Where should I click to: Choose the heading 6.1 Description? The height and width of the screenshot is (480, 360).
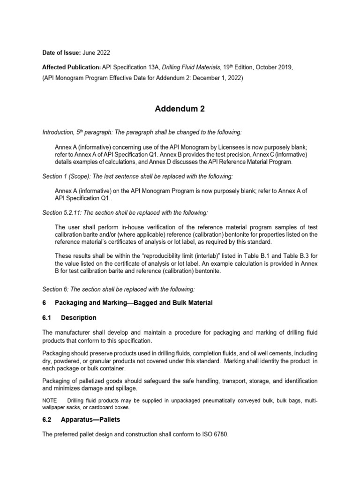click(x=69, y=318)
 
